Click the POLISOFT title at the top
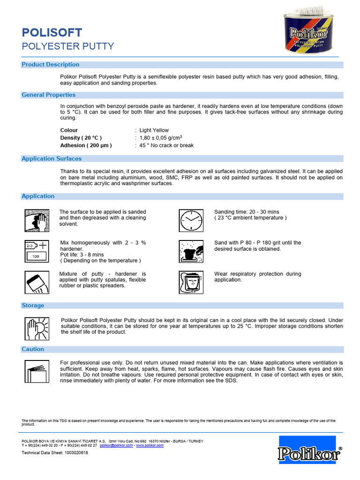click(52, 32)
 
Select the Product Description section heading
click(51, 65)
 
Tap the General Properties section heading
click(49, 95)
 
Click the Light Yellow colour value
click(154, 130)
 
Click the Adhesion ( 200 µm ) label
click(86, 145)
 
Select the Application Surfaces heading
click(52, 159)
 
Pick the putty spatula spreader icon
click(37, 282)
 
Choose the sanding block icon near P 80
click(192, 251)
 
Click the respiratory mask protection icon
click(192, 282)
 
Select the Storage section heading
click(33, 306)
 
